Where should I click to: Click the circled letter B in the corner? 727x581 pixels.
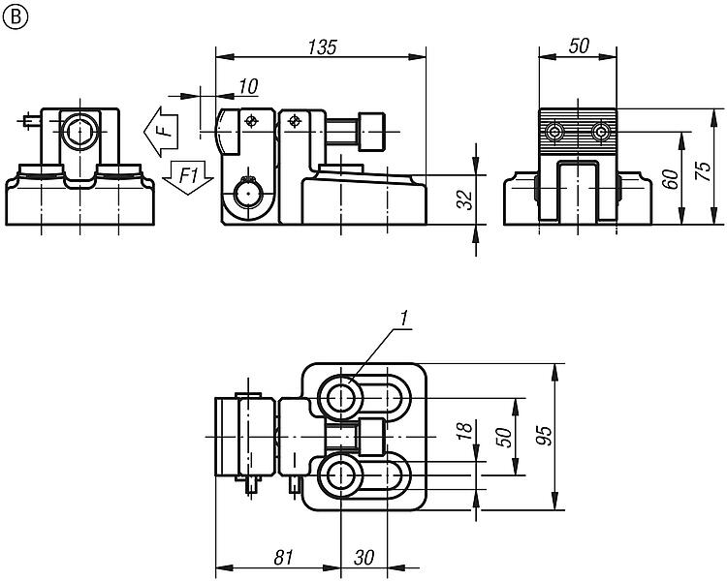(15, 16)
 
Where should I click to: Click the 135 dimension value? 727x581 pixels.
(322, 47)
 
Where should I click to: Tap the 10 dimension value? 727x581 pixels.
(248, 86)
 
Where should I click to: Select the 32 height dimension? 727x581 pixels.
(466, 199)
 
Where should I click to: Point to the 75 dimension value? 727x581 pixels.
(703, 171)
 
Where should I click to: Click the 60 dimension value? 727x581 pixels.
(671, 179)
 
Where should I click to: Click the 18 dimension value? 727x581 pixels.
(465, 430)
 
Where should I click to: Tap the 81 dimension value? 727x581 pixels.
(284, 558)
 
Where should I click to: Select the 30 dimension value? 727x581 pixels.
(363, 558)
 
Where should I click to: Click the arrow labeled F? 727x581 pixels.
(161, 132)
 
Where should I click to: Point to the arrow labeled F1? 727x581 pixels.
(188, 178)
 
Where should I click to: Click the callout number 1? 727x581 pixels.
(404, 319)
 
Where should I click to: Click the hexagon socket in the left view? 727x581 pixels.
(79, 132)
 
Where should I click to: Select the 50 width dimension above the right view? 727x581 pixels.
(579, 46)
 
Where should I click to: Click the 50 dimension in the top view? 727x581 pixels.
(504, 437)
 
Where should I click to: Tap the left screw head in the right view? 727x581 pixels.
(554, 133)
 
